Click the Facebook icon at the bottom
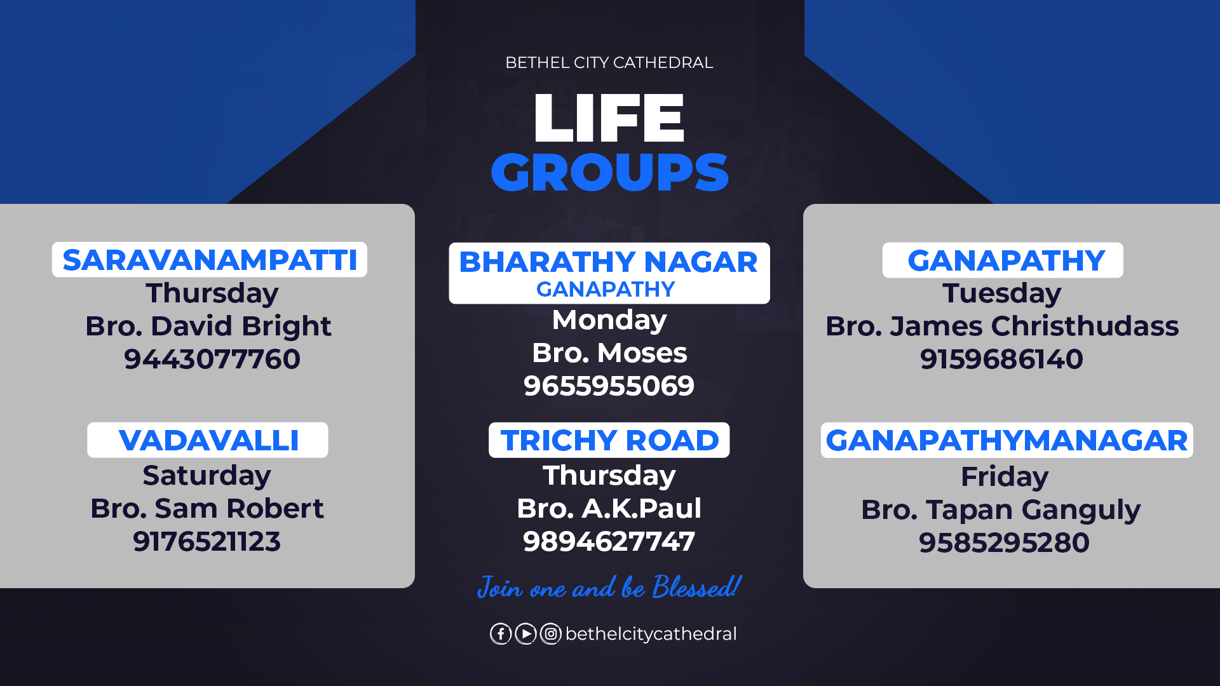pyautogui.click(x=501, y=634)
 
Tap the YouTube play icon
pyautogui.click(x=525, y=634)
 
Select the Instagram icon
pyautogui.click(x=551, y=634)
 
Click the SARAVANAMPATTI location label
pyautogui.click(x=210, y=260)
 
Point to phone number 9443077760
pyautogui.click(x=212, y=359)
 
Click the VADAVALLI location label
pyautogui.click(x=208, y=440)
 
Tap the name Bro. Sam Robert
pyautogui.click(x=207, y=508)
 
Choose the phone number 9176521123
pyautogui.click(x=207, y=541)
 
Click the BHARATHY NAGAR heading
pyautogui.click(x=608, y=262)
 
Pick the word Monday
pyautogui.click(x=609, y=320)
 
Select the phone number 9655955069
pyautogui.click(x=609, y=386)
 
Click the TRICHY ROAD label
pyautogui.click(x=609, y=440)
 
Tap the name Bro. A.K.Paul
pyautogui.click(x=609, y=508)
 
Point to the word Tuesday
pyautogui.click(x=1001, y=293)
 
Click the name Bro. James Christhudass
pyautogui.click(x=1002, y=326)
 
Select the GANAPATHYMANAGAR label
pyautogui.click(x=1006, y=440)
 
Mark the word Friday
pyautogui.click(x=1004, y=477)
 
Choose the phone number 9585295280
pyautogui.click(x=1004, y=542)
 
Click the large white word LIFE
pyautogui.click(x=609, y=118)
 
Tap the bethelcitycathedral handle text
pyautogui.click(x=651, y=634)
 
